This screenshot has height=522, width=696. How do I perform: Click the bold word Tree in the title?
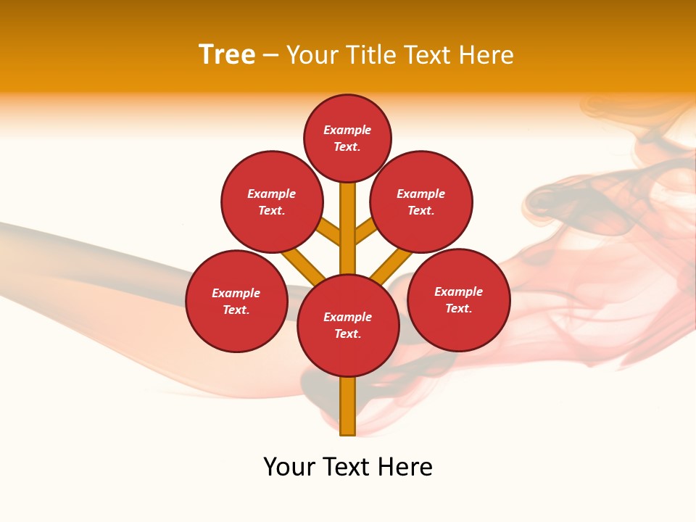click(227, 55)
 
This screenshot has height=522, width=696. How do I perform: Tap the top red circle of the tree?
click(347, 138)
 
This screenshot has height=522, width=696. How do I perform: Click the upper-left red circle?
click(271, 202)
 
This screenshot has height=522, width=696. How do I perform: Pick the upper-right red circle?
click(421, 202)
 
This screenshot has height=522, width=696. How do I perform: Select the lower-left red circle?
click(236, 301)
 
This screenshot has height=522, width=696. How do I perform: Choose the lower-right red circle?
click(458, 299)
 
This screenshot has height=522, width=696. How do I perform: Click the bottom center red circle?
click(348, 326)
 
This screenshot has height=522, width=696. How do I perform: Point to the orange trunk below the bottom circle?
click(348, 406)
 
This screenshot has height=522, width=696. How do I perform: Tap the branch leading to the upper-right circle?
click(365, 231)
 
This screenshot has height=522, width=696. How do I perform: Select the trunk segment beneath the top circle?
click(348, 217)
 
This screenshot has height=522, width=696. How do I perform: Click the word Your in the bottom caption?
click(289, 467)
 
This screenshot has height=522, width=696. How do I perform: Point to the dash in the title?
click(270, 56)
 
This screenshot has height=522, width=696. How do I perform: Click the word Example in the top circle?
click(347, 130)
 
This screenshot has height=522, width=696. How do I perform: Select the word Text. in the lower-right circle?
click(458, 308)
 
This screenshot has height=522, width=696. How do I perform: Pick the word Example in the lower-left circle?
click(236, 293)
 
